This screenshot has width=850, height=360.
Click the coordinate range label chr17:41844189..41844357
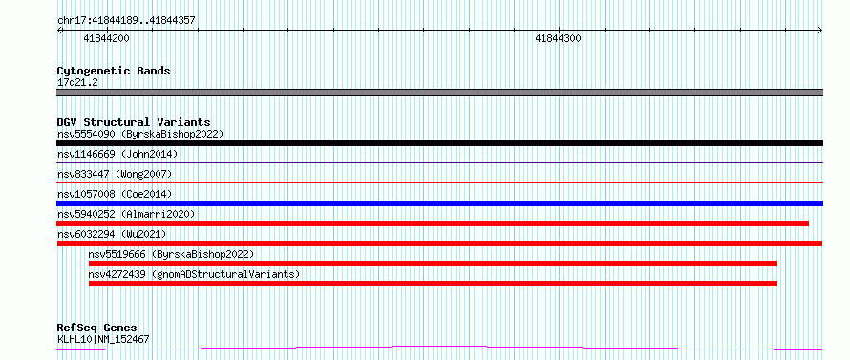(126, 21)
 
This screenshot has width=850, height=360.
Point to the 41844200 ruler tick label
(107, 38)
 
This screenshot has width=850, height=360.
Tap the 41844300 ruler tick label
(558, 38)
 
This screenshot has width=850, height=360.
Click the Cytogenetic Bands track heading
(114, 71)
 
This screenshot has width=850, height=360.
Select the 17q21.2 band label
(77, 83)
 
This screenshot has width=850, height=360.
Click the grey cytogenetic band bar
(439, 93)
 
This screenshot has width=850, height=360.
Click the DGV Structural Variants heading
(134, 122)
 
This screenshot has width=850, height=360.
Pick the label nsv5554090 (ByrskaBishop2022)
(140, 134)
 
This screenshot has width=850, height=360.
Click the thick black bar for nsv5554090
(439, 143)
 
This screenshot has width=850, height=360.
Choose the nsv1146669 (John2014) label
(117, 154)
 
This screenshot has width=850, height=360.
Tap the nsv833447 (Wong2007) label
(115, 174)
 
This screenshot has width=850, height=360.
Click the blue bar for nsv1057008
(439, 203)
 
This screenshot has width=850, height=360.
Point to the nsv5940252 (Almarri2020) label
(126, 214)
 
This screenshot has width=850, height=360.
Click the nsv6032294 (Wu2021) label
(112, 234)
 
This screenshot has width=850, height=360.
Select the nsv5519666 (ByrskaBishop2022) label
(171, 254)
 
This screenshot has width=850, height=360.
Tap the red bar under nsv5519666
(433, 264)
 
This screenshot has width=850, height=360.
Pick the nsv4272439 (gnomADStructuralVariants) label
(194, 274)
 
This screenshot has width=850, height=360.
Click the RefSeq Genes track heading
(96, 328)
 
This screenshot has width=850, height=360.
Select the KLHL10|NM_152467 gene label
(103, 340)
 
